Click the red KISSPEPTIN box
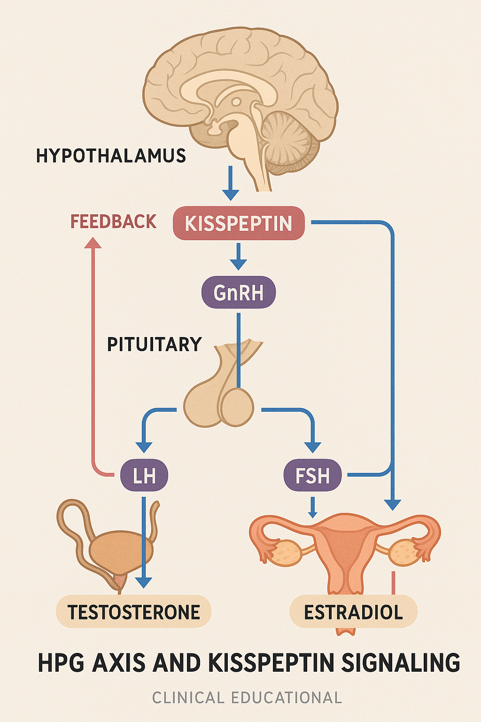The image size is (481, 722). [239, 223]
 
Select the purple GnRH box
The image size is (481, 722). [238, 292]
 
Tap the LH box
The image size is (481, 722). [144, 475]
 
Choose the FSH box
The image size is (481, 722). [312, 475]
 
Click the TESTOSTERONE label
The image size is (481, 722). [134, 612]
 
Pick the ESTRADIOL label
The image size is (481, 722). [353, 612]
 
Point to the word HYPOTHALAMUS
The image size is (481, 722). [111, 156]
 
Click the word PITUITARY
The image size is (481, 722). [154, 345]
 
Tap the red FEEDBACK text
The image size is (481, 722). [113, 221]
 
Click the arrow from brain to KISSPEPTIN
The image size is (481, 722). [231, 183]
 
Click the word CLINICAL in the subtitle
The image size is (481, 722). [188, 698]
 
